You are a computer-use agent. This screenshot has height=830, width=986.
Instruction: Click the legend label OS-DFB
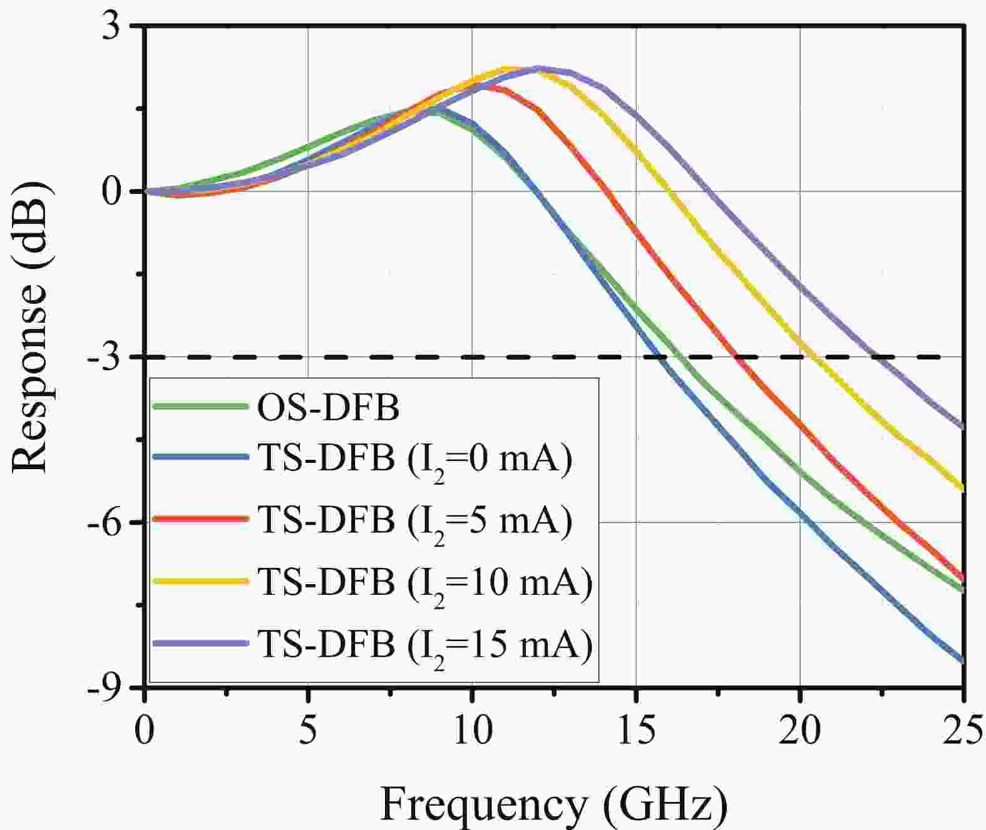pyautogui.click(x=328, y=408)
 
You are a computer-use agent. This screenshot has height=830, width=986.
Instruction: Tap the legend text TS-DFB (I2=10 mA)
pyautogui.click(x=424, y=582)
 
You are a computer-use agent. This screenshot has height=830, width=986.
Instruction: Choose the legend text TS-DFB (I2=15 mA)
pyautogui.click(x=424, y=644)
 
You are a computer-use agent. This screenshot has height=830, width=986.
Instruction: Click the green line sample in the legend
pyautogui.click(x=200, y=407)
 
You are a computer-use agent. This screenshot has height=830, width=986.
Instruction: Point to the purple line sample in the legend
pyautogui.click(x=200, y=642)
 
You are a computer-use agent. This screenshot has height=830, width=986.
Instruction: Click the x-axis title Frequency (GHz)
pyautogui.click(x=554, y=804)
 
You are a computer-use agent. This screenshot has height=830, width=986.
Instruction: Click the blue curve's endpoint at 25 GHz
pyautogui.click(x=962, y=660)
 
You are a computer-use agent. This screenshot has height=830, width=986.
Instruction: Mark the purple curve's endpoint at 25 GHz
pyautogui.click(x=962, y=427)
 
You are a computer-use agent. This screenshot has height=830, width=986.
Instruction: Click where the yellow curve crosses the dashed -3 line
pyautogui.click(x=813, y=357)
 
